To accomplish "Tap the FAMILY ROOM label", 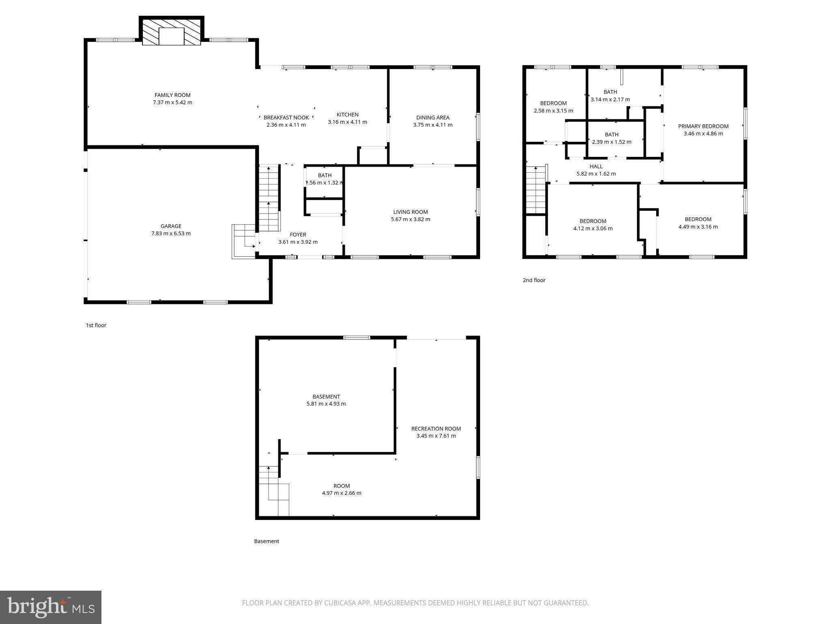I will (172, 95).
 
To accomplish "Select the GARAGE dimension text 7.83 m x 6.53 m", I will (171, 234).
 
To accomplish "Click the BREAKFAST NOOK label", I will (286, 117).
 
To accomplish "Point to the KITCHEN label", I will (347, 115).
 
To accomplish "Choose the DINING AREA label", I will (433, 117).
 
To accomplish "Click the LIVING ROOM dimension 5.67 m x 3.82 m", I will (410, 219).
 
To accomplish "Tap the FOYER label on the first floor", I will (298, 234).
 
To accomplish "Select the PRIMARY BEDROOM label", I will (703, 126).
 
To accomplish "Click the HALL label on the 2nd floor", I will (596, 166).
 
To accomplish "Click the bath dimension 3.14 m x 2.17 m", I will (610, 100).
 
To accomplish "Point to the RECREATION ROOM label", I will (436, 429).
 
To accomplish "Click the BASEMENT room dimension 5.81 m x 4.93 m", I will (326, 404).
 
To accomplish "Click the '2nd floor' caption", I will (534, 280).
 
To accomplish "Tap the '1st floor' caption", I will (96, 325).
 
